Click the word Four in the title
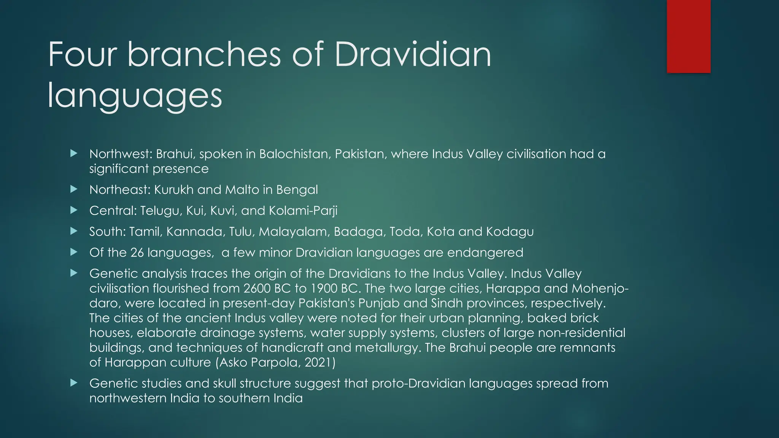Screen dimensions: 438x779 82,55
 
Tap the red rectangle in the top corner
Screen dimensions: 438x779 688,36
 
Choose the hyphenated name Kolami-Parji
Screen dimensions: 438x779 303,211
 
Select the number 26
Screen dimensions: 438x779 137,252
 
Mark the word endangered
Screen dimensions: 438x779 485,252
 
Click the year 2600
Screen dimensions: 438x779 257,289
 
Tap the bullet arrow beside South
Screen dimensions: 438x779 74,231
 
